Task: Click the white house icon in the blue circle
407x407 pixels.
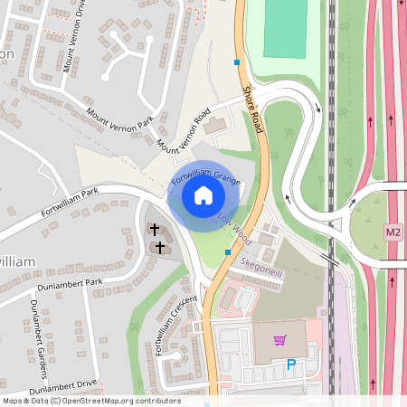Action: pos(203,195)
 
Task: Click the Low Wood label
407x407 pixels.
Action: pos(233,227)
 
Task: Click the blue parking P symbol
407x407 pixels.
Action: pos(290,365)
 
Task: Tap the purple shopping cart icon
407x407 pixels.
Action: pos(279,339)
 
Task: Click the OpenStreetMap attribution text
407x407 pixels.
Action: pos(90,400)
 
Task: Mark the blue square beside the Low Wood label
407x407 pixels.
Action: pos(227,252)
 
